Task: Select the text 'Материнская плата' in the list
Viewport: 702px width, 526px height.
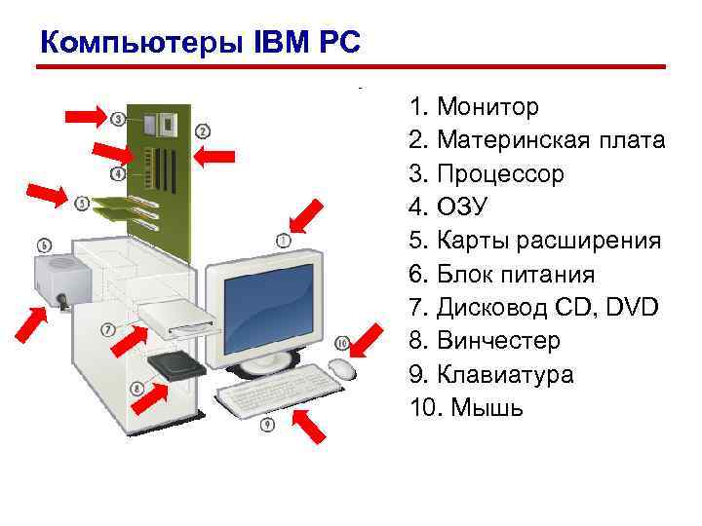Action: click(552, 140)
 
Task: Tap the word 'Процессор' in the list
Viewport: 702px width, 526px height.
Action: click(500, 174)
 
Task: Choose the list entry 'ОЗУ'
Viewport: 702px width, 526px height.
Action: click(461, 207)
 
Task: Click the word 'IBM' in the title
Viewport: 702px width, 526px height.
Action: click(281, 42)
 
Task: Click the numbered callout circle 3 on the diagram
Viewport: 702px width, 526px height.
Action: click(118, 119)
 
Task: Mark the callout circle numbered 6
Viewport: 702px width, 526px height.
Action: click(45, 244)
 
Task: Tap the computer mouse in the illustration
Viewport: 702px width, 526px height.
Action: click(340, 368)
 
